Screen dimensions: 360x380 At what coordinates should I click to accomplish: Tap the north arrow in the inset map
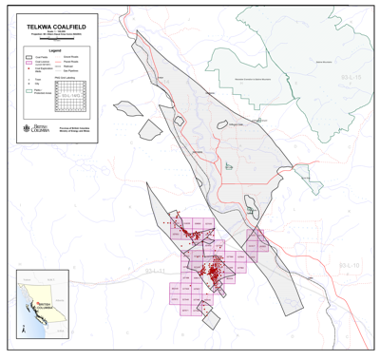pos(23,330)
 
